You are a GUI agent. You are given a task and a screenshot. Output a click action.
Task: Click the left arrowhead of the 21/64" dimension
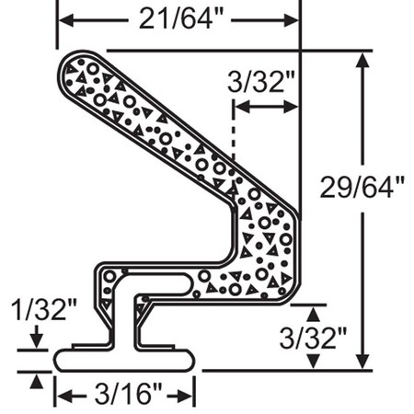(x=65, y=17)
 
